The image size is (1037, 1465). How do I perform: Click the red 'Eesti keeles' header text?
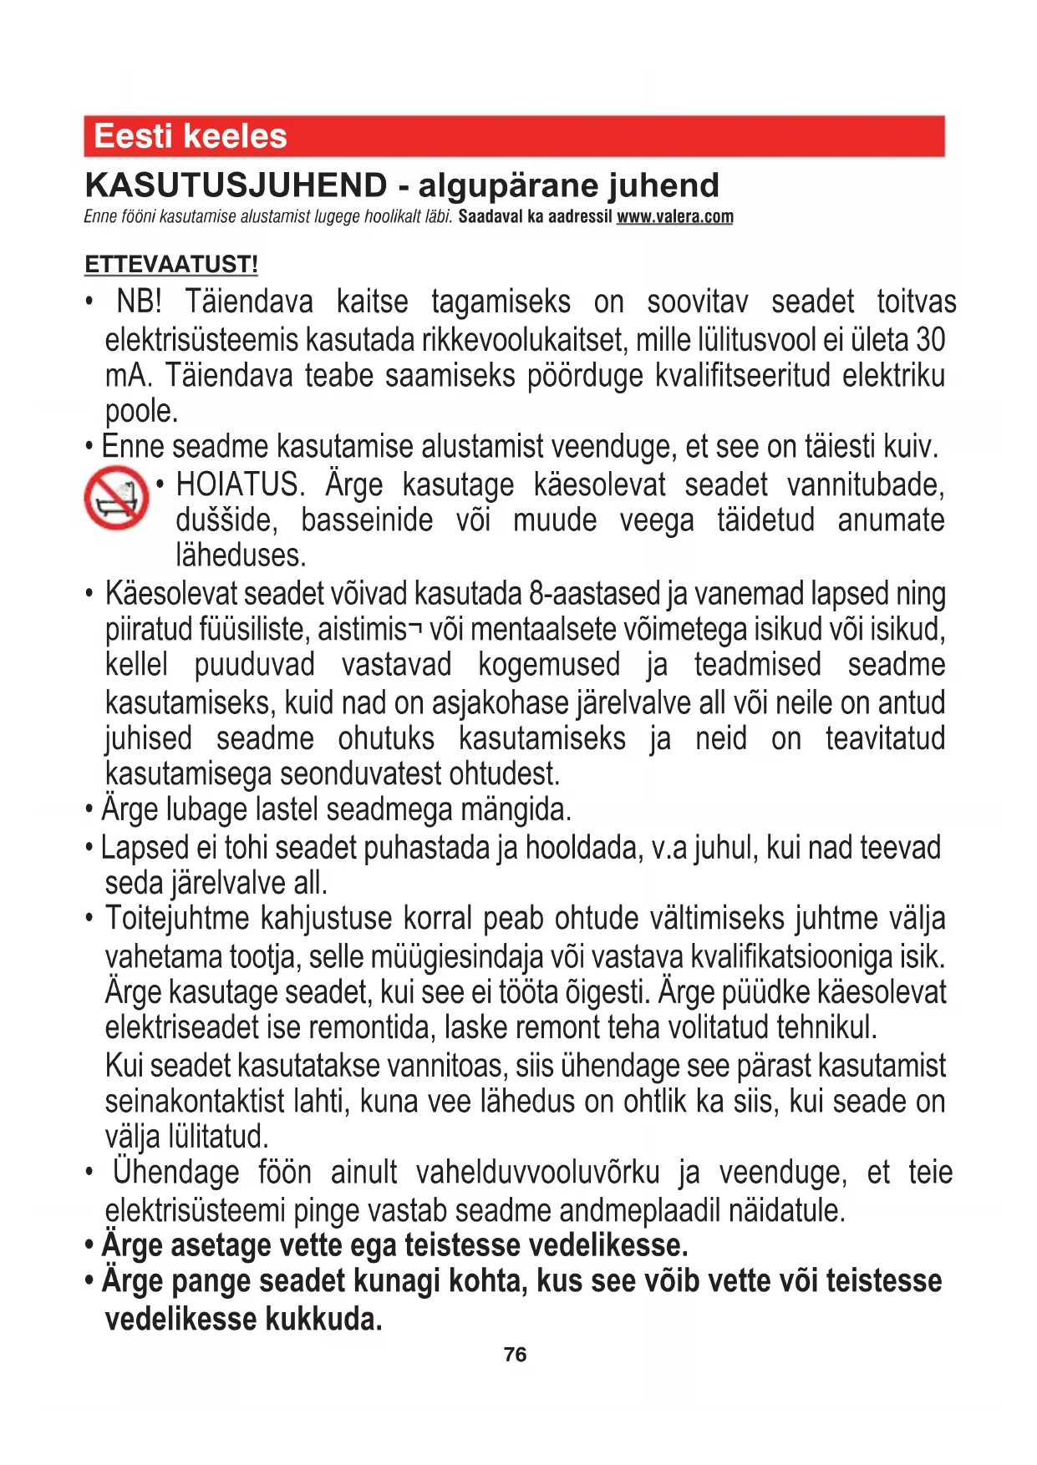[x=191, y=136]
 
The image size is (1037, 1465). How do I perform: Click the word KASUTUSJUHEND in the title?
[x=236, y=185]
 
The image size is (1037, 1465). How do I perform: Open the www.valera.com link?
[x=674, y=217]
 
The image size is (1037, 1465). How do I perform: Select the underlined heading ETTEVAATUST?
[x=171, y=265]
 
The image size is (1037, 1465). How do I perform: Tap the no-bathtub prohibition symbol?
[x=116, y=498]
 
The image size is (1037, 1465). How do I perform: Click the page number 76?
[x=516, y=1354]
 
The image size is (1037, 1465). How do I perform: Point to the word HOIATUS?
[x=241, y=484]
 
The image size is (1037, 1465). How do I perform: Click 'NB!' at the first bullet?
[x=139, y=302]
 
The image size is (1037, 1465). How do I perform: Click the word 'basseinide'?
[x=367, y=520]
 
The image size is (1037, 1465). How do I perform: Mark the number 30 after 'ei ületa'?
[x=930, y=340]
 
